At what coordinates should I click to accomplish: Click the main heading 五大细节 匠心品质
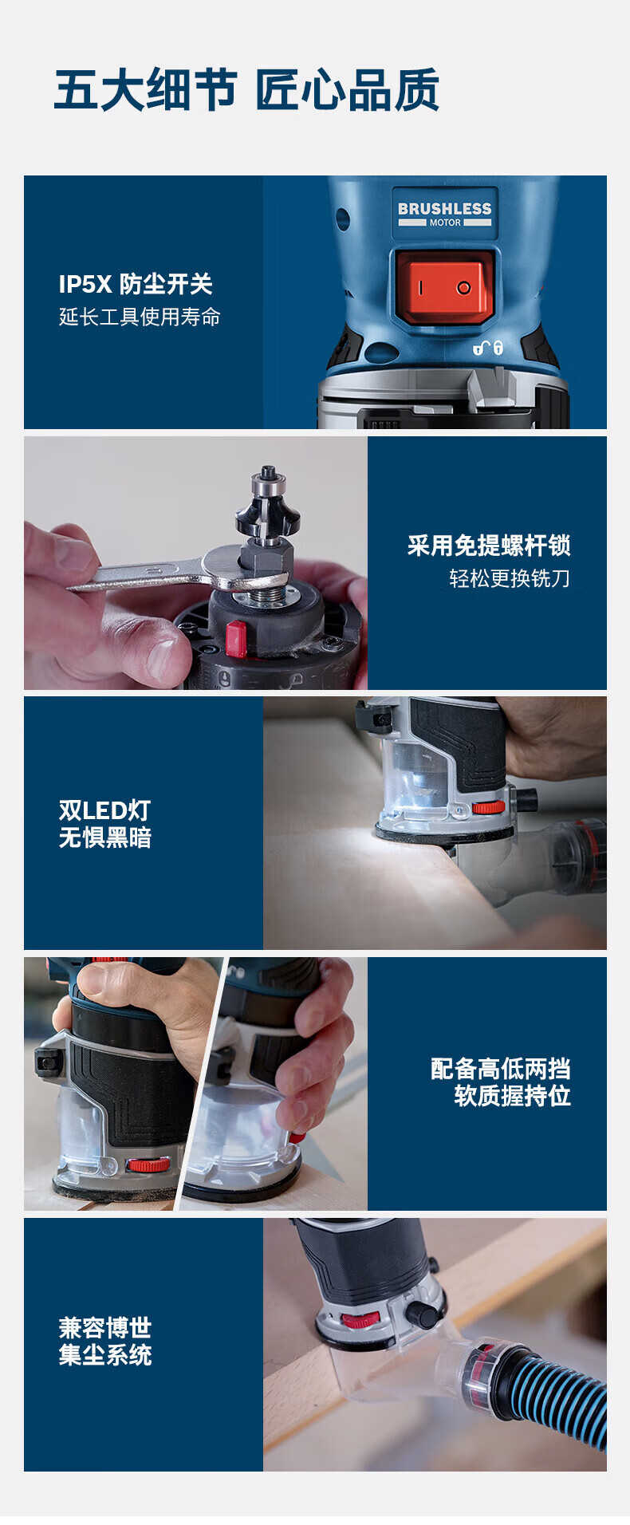coord(246,89)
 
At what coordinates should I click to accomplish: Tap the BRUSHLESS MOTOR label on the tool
coord(445,213)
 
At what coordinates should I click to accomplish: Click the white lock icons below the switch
coord(488,348)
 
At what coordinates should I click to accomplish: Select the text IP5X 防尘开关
coord(136,284)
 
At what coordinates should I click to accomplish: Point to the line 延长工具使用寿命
coord(140,317)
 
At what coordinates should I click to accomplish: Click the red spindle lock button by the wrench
coord(236,639)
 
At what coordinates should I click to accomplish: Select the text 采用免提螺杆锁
coord(489,546)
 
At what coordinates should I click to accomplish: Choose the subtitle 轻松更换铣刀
coord(510,578)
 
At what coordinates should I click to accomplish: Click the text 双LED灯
coord(104,810)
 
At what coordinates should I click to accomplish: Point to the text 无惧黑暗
coord(104,837)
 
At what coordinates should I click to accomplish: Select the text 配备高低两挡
coord(501,1069)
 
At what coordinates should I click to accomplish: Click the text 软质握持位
coord(513,1096)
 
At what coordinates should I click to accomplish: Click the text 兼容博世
coord(104,1328)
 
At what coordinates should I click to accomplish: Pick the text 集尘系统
coord(104,1355)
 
